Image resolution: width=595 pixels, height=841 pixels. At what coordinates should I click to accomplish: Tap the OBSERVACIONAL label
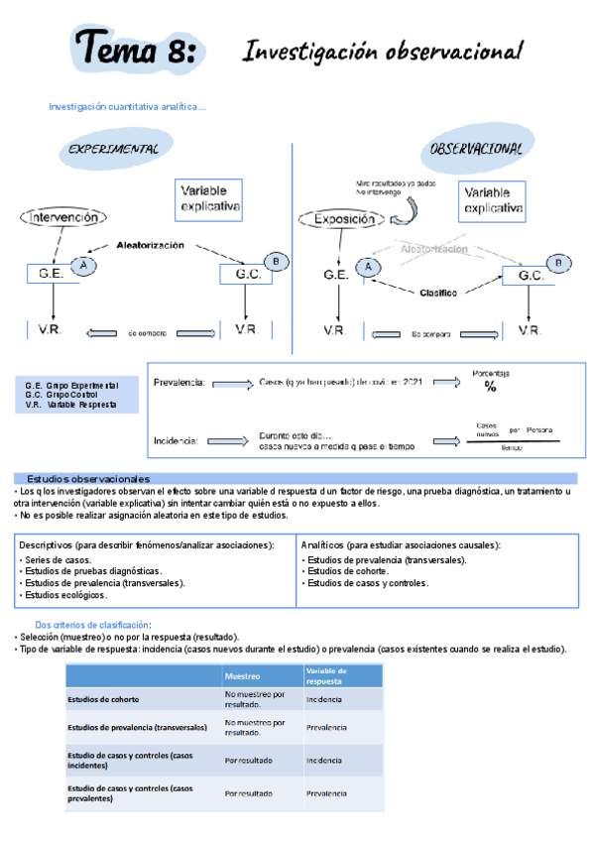pyautogui.click(x=477, y=148)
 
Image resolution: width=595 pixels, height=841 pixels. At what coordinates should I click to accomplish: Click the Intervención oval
pyautogui.click(x=63, y=217)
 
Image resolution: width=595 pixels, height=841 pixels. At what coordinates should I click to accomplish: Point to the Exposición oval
pyautogui.click(x=349, y=220)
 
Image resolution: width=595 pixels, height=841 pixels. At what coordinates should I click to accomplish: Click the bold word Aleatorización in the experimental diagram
pyautogui.click(x=150, y=245)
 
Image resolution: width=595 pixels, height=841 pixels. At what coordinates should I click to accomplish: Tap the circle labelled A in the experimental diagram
pyautogui.click(x=84, y=265)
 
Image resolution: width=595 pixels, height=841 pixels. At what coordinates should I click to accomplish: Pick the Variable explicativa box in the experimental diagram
pyautogui.click(x=210, y=198)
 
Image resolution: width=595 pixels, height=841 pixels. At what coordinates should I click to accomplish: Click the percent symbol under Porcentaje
pyautogui.click(x=490, y=388)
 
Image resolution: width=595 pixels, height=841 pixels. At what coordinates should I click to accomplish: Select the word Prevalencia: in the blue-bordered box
pyautogui.click(x=179, y=381)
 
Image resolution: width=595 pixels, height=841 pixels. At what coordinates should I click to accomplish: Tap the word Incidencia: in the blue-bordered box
pyautogui.click(x=177, y=440)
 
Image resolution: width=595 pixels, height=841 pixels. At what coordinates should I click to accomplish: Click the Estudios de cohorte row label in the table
pyautogui.click(x=103, y=699)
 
